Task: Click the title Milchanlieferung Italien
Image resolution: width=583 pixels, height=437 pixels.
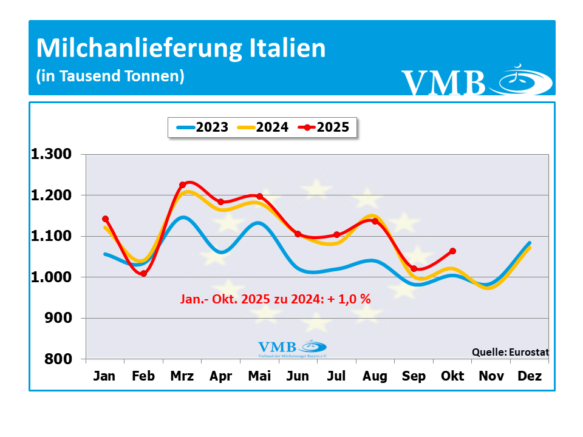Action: tap(181, 49)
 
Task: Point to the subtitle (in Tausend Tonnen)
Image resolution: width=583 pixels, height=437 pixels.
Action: tap(110, 76)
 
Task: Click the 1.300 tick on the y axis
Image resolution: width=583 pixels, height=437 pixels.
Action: tap(51, 154)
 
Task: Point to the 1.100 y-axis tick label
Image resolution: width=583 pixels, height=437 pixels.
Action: tap(51, 236)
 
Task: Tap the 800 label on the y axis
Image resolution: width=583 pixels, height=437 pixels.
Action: tap(60, 359)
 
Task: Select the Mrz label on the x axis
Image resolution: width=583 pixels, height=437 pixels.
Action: tap(182, 376)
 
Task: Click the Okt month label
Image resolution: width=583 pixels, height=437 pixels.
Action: tap(452, 376)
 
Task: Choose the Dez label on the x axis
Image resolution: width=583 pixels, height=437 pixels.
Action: tap(530, 376)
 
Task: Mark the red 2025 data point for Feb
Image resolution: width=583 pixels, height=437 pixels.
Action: tap(143, 274)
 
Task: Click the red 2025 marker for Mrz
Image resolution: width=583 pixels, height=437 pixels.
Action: tap(182, 185)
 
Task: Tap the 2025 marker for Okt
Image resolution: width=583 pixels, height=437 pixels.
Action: tap(452, 251)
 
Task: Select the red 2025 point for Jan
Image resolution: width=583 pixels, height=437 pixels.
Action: tap(105, 218)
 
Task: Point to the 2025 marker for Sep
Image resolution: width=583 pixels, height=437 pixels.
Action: tap(414, 268)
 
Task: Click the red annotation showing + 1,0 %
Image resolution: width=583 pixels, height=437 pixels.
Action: tap(276, 299)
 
